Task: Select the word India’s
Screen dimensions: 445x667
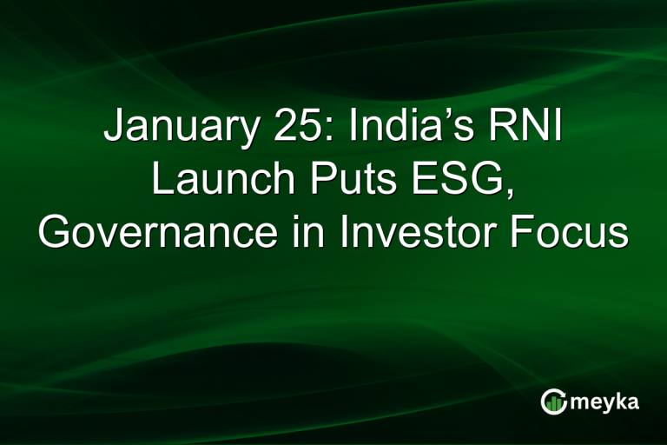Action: [x=409, y=130]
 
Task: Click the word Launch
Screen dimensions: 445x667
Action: [x=219, y=182]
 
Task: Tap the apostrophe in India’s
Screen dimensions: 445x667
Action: [x=446, y=117]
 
